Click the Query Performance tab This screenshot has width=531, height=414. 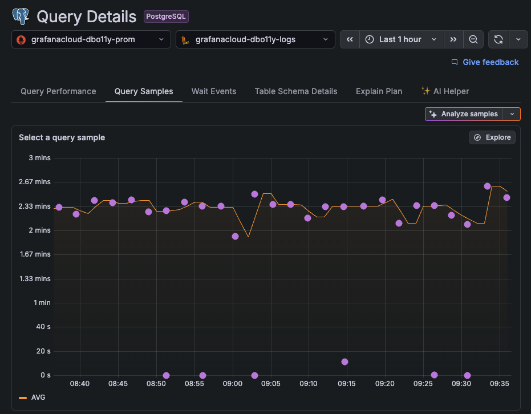(x=58, y=91)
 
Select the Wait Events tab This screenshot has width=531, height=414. (x=214, y=91)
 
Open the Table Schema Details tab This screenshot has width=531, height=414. (x=296, y=91)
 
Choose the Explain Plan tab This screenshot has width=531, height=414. (x=379, y=91)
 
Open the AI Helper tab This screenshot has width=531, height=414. (x=445, y=91)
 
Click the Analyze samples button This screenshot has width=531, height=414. (x=465, y=114)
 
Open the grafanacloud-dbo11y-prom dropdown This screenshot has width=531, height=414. (x=91, y=39)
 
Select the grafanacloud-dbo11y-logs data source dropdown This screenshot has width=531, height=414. (x=255, y=39)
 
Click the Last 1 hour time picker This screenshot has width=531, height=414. (x=402, y=39)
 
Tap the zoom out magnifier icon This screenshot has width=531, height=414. (x=473, y=39)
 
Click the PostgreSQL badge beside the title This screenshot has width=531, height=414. (x=166, y=17)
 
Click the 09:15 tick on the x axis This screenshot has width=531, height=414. (x=347, y=384)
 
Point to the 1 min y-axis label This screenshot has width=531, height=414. (x=42, y=303)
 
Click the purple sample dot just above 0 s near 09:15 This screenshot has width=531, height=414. (x=344, y=362)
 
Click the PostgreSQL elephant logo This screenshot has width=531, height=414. (x=21, y=16)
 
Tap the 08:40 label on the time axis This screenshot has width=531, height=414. (x=80, y=384)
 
